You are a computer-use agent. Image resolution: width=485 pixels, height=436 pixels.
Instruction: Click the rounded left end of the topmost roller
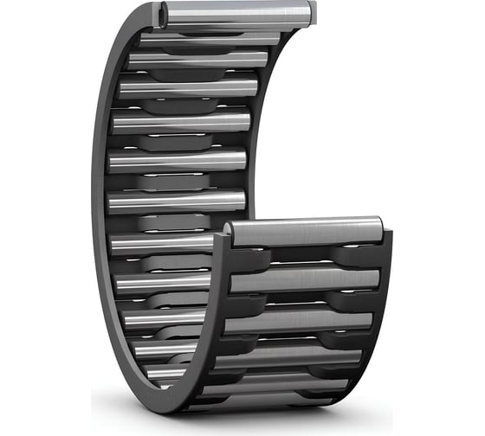pos(164,15)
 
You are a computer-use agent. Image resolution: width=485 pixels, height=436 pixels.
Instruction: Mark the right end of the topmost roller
pos(310,13)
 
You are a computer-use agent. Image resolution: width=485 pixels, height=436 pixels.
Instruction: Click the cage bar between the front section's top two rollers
pos(303,257)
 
